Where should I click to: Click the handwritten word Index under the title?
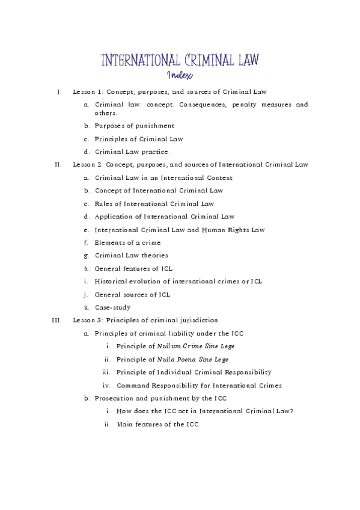pos(180,76)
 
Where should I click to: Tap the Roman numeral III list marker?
pos(57,320)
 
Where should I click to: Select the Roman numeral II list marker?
pos(58,164)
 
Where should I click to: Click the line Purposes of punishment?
pos(135,126)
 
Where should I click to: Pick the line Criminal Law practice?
pos(132,152)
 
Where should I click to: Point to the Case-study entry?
pos(112,307)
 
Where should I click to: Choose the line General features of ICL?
pos(133,268)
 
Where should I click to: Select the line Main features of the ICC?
pos(157,425)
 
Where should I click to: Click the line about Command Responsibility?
pos(199,386)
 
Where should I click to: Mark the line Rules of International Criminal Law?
pos(154,203)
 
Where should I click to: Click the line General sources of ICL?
pos(132,295)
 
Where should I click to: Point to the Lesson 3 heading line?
pos(145,320)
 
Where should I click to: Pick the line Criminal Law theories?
pos(131,256)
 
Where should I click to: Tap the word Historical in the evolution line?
pos(113,281)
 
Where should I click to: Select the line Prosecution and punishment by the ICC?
pos(160,399)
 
